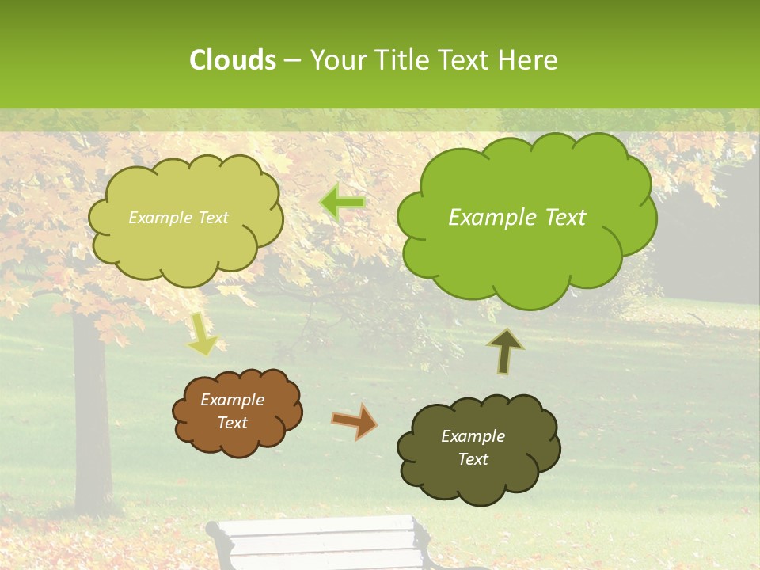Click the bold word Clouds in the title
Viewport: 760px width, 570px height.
(232, 60)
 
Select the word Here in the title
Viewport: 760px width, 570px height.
(530, 60)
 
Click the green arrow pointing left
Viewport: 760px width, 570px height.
(343, 203)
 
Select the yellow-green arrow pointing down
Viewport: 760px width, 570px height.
(203, 334)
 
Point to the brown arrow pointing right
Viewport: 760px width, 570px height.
(355, 420)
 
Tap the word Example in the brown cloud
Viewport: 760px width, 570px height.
(232, 400)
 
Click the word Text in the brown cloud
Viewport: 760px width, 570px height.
(232, 423)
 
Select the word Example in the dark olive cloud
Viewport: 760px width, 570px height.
(473, 436)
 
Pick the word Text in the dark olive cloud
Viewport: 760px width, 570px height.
(473, 459)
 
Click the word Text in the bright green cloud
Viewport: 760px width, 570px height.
(560, 218)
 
